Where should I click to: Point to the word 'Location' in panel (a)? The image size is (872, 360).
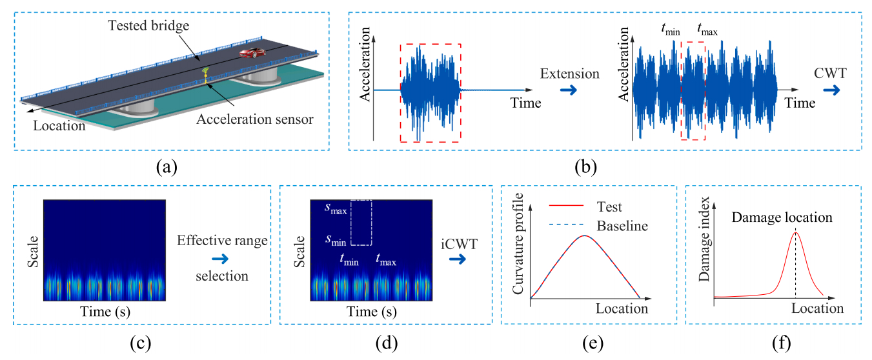(x=60, y=126)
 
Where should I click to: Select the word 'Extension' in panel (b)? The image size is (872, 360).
(x=570, y=74)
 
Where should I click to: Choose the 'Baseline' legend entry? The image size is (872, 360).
(x=622, y=226)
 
